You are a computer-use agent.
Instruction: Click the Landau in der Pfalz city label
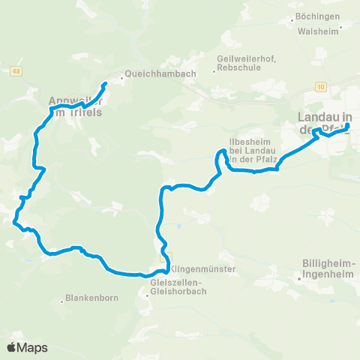click(x=325, y=124)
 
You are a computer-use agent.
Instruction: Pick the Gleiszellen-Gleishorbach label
click(x=181, y=287)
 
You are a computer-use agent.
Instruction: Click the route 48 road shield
click(x=16, y=71)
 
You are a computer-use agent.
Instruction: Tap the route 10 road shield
click(x=321, y=88)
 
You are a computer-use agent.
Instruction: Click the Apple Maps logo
click(x=27, y=347)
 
